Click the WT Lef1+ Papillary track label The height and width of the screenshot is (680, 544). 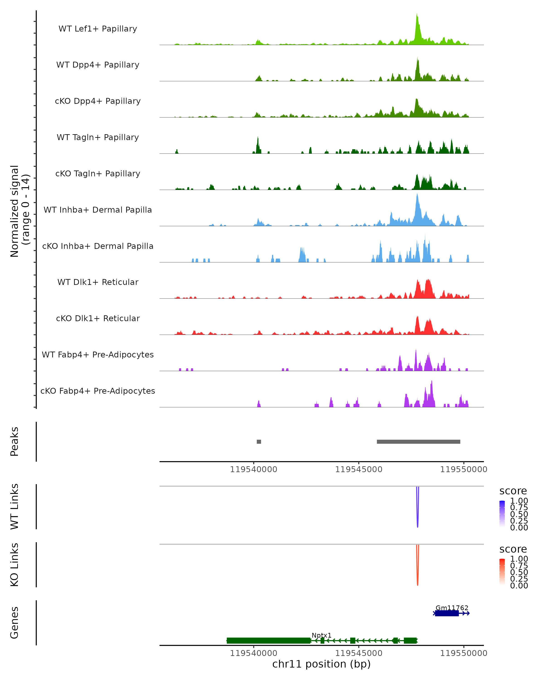pos(98,29)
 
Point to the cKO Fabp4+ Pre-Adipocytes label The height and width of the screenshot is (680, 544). pos(98,391)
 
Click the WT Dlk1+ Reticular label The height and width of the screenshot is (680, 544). pos(98,282)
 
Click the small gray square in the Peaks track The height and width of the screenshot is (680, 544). pos(259,442)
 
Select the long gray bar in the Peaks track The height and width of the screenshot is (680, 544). pos(418,442)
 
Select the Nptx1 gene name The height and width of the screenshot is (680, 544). pos(321,635)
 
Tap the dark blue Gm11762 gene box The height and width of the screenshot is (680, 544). pos(447,613)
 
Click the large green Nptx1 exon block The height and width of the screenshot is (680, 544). pos(268,641)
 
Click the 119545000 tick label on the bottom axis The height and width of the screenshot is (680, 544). pos(359,653)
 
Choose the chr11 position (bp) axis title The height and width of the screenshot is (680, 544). pos(321,664)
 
